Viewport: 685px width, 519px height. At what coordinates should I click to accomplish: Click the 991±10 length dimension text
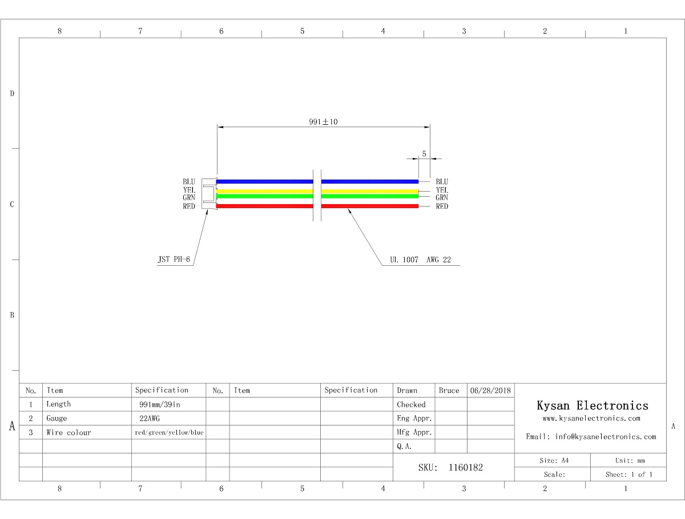tap(323, 121)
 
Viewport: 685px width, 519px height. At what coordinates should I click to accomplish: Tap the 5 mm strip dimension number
tap(424, 153)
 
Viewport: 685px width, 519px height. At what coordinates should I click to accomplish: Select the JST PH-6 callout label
tap(174, 259)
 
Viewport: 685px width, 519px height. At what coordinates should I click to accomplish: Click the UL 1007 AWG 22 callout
tap(420, 259)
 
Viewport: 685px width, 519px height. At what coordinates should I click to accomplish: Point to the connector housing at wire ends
tap(209, 193)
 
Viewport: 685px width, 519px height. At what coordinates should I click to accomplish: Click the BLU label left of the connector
tap(189, 181)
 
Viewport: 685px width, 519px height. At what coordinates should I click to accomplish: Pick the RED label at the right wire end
tap(442, 206)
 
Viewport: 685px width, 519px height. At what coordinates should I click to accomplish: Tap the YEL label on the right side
tap(442, 190)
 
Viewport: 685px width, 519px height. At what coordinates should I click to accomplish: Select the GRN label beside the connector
tap(189, 197)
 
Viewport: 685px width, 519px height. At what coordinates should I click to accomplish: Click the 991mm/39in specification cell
tap(160, 404)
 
